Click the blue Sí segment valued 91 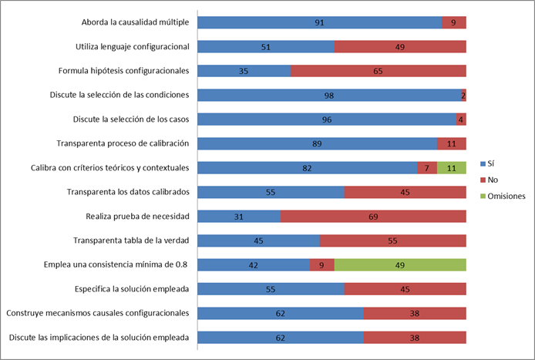[x=320, y=22]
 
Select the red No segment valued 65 [x=379, y=71]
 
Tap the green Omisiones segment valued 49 [x=400, y=265]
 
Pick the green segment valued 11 [x=452, y=168]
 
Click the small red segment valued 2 [x=463, y=96]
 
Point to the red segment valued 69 [x=373, y=217]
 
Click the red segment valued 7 [x=426, y=168]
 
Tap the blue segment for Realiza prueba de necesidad [x=239, y=217]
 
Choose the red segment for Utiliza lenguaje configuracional [x=400, y=47]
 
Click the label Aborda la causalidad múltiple [x=136, y=22]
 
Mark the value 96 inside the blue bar [x=326, y=119]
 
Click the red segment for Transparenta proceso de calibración [x=451, y=144]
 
